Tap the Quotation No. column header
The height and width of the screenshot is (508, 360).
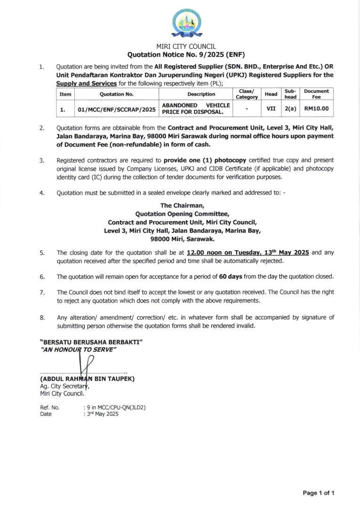117,94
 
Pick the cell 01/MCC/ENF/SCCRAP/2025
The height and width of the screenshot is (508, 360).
117,110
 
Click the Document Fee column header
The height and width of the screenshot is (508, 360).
316,94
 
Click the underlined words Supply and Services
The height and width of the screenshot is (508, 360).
86,83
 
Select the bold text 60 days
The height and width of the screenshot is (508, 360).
231,277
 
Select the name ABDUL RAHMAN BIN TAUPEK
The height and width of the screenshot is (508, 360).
88,379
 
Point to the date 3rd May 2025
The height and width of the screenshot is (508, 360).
102,414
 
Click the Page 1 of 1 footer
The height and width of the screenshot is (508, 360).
318,493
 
